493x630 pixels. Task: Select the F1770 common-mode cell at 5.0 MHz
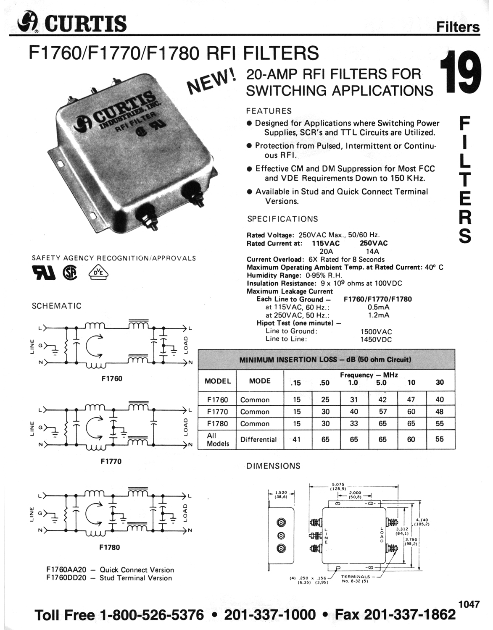[382, 412]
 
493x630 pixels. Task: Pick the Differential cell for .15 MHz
[296, 439]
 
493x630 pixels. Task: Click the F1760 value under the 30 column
[440, 399]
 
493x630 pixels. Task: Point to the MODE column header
[260, 381]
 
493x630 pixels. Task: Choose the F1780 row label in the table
[218, 424]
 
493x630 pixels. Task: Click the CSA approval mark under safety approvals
[70, 273]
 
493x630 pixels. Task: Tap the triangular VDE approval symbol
[99, 273]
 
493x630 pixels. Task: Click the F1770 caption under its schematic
[111, 461]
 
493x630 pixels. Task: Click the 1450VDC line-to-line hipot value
[376, 339]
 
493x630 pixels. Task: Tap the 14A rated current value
[373, 251]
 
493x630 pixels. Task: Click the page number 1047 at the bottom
[469, 604]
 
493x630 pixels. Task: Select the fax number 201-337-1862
[410, 614]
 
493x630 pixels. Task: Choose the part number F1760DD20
[66, 577]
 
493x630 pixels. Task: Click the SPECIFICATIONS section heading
[282, 219]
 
